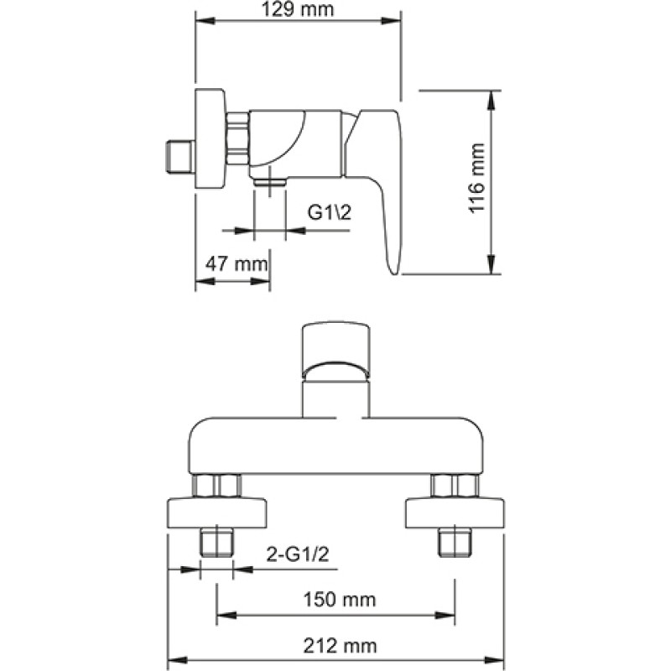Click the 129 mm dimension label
pos(298,9)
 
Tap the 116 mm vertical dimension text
pos(476,178)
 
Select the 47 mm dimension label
pos(237,264)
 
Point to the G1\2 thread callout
pos(329,212)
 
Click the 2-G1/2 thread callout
pos(298,554)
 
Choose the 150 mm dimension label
pos(340,600)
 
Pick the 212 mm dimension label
pos(340,646)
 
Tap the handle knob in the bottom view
pos(335,351)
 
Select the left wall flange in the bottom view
pos(216,512)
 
